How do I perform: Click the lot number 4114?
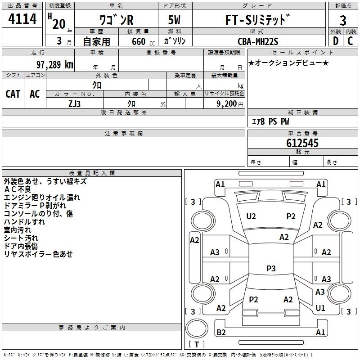click(22, 19)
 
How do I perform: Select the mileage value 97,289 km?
click(55, 65)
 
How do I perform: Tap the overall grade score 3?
click(343, 20)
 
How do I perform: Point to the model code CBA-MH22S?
click(258, 41)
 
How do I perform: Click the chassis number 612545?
click(302, 143)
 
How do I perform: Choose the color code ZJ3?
click(75, 104)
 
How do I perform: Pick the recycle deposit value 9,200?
click(226, 104)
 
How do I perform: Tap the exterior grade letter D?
click(336, 41)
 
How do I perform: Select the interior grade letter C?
click(350, 41)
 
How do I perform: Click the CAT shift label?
click(13, 94)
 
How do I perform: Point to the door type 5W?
click(174, 20)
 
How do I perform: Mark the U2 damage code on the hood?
click(251, 216)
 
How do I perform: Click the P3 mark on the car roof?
click(271, 268)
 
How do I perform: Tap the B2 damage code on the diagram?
click(221, 332)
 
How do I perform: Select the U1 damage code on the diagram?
click(320, 308)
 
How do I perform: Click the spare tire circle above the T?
click(197, 328)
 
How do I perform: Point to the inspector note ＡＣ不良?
click(18, 189)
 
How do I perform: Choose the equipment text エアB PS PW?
click(270, 121)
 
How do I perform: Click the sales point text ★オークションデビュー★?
click(288, 63)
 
